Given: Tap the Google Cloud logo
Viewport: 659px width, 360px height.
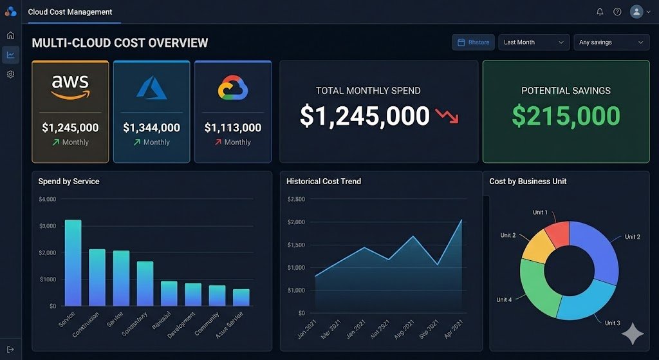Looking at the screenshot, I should (233, 88).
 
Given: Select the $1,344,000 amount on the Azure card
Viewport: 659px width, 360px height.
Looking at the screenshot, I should (151, 128).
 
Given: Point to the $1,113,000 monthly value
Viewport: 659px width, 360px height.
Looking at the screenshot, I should (232, 128).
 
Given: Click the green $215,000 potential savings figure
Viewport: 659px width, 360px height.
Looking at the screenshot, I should (566, 116).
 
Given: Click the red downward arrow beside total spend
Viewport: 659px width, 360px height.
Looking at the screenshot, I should (447, 117).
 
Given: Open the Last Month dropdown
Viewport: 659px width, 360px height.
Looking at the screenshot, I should (534, 43).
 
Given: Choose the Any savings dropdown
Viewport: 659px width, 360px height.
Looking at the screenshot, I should (611, 43).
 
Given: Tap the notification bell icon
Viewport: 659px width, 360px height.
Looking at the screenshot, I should (600, 12).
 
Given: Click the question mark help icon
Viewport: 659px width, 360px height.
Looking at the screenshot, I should (617, 12).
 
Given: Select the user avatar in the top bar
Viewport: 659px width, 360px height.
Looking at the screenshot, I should (636, 12).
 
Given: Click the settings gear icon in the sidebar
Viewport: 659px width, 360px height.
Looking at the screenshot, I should (10, 74).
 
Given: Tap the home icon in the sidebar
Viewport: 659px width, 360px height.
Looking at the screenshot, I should (10, 35).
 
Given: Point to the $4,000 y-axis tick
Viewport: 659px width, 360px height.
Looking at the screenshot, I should (48, 200).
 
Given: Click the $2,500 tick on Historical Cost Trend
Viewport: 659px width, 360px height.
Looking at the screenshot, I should (297, 200).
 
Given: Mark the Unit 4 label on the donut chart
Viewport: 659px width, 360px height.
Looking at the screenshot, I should (504, 299).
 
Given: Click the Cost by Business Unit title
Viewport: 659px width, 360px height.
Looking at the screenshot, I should (528, 182).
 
